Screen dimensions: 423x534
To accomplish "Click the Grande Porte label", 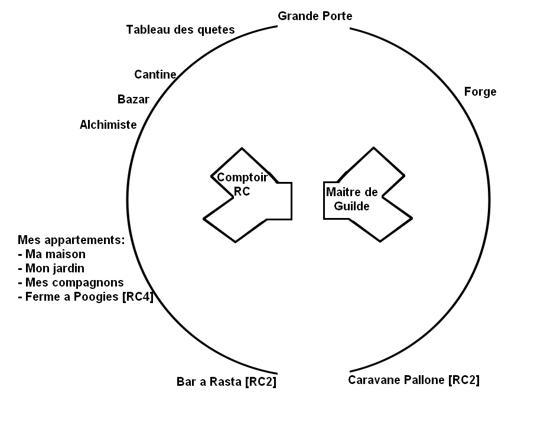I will point(315,16).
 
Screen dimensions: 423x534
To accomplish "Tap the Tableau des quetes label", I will point(180,30).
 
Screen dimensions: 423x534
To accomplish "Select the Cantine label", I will point(155,74).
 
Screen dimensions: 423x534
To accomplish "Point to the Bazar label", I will point(133,99).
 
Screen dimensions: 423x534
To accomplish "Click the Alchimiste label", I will point(108,125).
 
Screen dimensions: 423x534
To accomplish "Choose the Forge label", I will point(480,92).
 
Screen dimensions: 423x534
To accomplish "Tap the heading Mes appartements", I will point(71,240).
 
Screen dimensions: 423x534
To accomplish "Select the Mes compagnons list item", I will point(71,282).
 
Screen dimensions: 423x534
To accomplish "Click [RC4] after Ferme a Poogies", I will point(137,297).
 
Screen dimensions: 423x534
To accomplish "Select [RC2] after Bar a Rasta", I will point(260,382).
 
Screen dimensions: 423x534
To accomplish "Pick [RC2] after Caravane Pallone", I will point(464,380).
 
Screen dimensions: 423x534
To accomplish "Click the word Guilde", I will point(352,206).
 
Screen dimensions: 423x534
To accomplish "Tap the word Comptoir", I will point(243,177).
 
